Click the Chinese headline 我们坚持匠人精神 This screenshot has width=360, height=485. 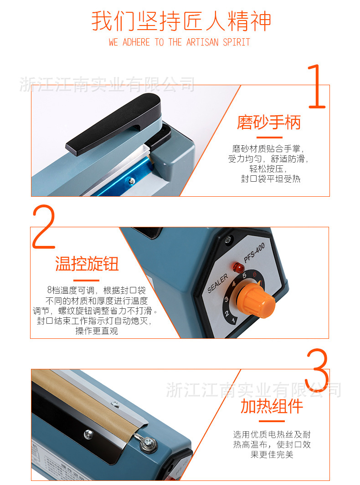coord(181,21)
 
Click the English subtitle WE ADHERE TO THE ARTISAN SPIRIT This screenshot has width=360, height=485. coord(180,42)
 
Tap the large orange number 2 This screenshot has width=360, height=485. coord(44,227)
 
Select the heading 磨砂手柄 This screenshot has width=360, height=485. coord(269,122)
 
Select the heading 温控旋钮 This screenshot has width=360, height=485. coord(87,264)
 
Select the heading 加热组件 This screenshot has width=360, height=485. coord(272,406)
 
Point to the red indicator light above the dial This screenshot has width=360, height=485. coord(237,266)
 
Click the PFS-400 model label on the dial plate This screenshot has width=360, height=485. coord(254,252)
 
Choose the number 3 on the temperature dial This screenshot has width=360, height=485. coord(226,299)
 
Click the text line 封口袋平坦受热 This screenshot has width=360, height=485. coord(271,179)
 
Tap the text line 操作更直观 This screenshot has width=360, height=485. coord(97,331)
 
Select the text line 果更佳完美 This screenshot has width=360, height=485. coord(272,454)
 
